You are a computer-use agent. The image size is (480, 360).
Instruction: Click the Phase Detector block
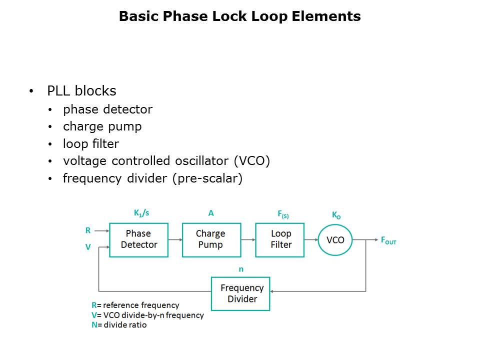[138, 240]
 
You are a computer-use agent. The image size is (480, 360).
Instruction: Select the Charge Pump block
[211, 240]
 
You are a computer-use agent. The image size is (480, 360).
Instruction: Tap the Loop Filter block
[280, 240]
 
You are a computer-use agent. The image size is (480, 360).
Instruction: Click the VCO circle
[335, 240]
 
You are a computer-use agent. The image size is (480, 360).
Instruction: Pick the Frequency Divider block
[240, 293]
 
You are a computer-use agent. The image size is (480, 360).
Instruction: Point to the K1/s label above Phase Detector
[141, 212]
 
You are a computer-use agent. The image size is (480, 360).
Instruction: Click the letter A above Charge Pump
[211, 213]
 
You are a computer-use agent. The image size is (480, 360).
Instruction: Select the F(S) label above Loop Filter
[283, 214]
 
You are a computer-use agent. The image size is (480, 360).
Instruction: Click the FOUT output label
[388, 240]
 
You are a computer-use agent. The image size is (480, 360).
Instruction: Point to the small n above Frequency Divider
[241, 269]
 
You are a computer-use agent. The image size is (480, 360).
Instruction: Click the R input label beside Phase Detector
[88, 230]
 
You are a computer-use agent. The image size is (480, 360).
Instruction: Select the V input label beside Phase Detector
[88, 246]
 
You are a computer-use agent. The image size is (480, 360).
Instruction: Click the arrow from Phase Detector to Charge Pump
[175, 240]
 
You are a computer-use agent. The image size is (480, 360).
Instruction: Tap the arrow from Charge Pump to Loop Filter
[248, 240]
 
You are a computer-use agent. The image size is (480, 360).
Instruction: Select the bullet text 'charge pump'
[102, 126]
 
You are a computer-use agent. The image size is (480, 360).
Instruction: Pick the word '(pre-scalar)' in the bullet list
[207, 178]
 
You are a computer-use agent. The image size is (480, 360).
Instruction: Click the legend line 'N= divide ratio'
[119, 325]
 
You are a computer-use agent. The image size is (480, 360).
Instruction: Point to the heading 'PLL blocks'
[81, 91]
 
